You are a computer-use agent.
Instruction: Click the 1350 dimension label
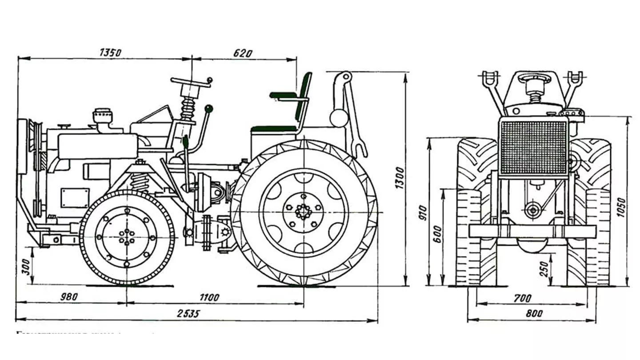(x=111, y=52)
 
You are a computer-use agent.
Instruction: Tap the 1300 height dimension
(x=399, y=178)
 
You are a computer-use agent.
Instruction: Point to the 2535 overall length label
(x=188, y=313)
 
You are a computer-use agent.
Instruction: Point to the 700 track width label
(x=523, y=298)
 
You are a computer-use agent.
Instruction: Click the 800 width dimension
(x=534, y=313)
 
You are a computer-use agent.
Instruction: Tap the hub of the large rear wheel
(x=304, y=212)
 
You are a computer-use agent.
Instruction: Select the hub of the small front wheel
(x=127, y=237)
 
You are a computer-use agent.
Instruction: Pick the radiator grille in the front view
(x=533, y=147)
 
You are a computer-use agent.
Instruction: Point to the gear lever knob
(x=208, y=108)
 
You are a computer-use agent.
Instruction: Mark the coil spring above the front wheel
(x=140, y=182)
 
